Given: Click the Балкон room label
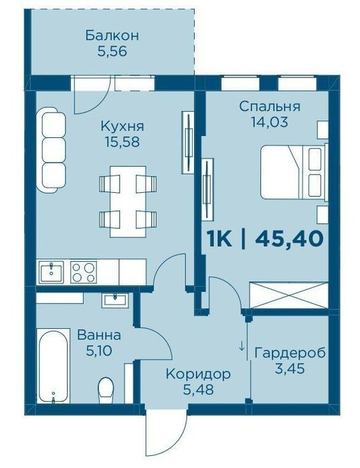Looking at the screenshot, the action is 112,35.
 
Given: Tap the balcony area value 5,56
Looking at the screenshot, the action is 112,52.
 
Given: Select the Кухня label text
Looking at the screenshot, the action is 122,126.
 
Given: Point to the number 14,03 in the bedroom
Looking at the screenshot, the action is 270,122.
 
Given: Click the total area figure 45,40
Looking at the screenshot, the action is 289,239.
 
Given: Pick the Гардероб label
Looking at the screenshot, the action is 290,353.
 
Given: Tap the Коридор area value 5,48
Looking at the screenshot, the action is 198,389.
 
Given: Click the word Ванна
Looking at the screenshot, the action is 99,335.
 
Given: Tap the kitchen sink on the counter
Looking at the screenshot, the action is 52,272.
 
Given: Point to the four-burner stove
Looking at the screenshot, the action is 84,272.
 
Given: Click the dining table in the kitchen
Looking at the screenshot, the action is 128,202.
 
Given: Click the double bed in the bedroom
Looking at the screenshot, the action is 294,172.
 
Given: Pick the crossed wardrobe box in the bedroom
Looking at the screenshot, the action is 289,295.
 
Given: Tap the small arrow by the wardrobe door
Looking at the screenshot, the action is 242,345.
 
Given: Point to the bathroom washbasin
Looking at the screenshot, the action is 115,300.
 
